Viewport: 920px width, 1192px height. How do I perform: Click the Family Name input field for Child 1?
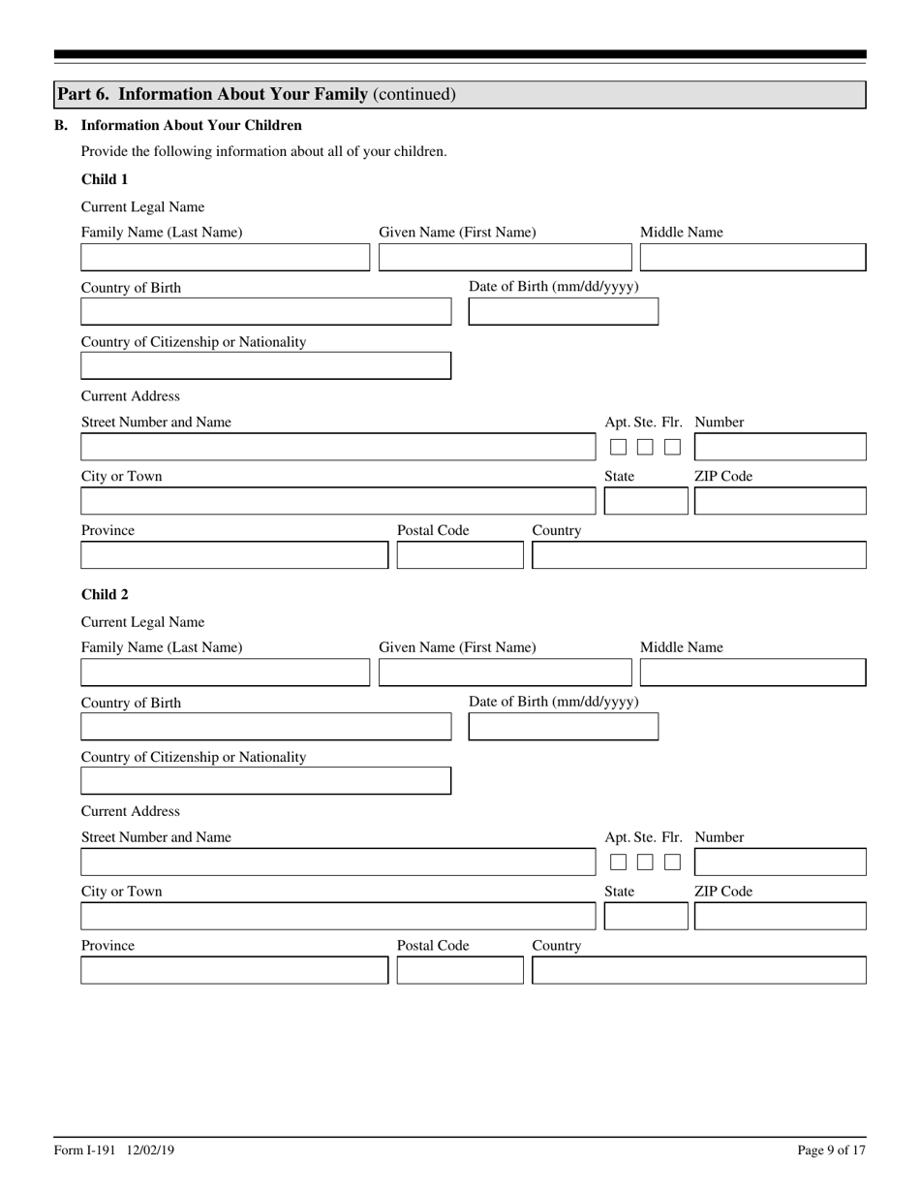225,257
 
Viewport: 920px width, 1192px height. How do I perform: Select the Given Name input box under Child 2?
505,672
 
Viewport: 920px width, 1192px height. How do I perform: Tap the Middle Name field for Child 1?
752,257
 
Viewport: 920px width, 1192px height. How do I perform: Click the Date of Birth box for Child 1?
563,311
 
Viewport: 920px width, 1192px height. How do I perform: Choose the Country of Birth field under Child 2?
265,726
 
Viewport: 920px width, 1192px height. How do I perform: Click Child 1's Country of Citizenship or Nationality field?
265,365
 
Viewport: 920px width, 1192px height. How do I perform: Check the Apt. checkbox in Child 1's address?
618,447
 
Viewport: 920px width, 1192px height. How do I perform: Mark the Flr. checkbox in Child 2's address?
672,862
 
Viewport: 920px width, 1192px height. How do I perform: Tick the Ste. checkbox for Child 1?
645,447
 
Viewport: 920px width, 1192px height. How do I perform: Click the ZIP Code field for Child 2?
780,916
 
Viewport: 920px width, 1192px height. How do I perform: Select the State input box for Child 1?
645,501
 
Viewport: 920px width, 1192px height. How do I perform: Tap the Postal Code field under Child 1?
460,555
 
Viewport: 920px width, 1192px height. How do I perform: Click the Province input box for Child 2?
233,970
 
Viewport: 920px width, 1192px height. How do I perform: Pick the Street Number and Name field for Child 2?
338,862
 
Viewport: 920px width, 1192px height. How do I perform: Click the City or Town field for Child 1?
338,501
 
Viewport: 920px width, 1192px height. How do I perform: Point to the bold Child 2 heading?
105,594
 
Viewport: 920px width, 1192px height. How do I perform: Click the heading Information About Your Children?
191,125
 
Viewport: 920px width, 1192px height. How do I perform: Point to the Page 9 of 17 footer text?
831,1150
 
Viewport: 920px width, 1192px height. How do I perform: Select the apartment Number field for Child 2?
780,862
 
